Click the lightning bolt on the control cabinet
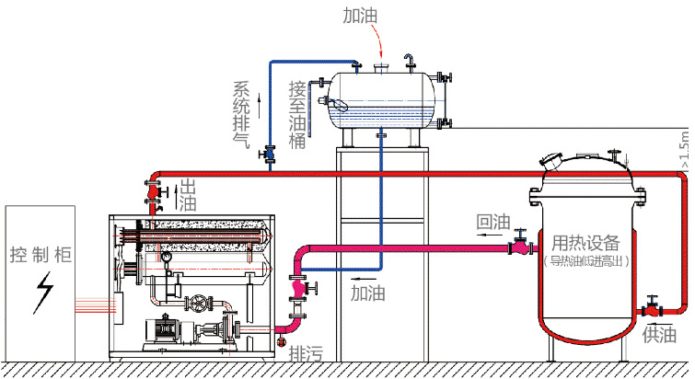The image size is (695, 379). tap(41, 292)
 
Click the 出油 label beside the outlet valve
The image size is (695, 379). tap(187, 193)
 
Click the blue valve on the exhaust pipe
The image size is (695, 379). tap(270, 154)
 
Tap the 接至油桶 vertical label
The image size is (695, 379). tap(296, 115)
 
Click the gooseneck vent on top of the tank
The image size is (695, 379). tap(410, 62)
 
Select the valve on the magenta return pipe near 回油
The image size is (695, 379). tap(520, 245)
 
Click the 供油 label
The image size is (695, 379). tap(659, 334)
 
